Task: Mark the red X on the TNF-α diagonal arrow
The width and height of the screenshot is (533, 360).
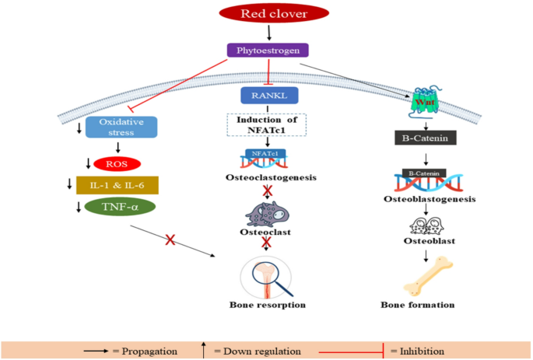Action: click(168, 239)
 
